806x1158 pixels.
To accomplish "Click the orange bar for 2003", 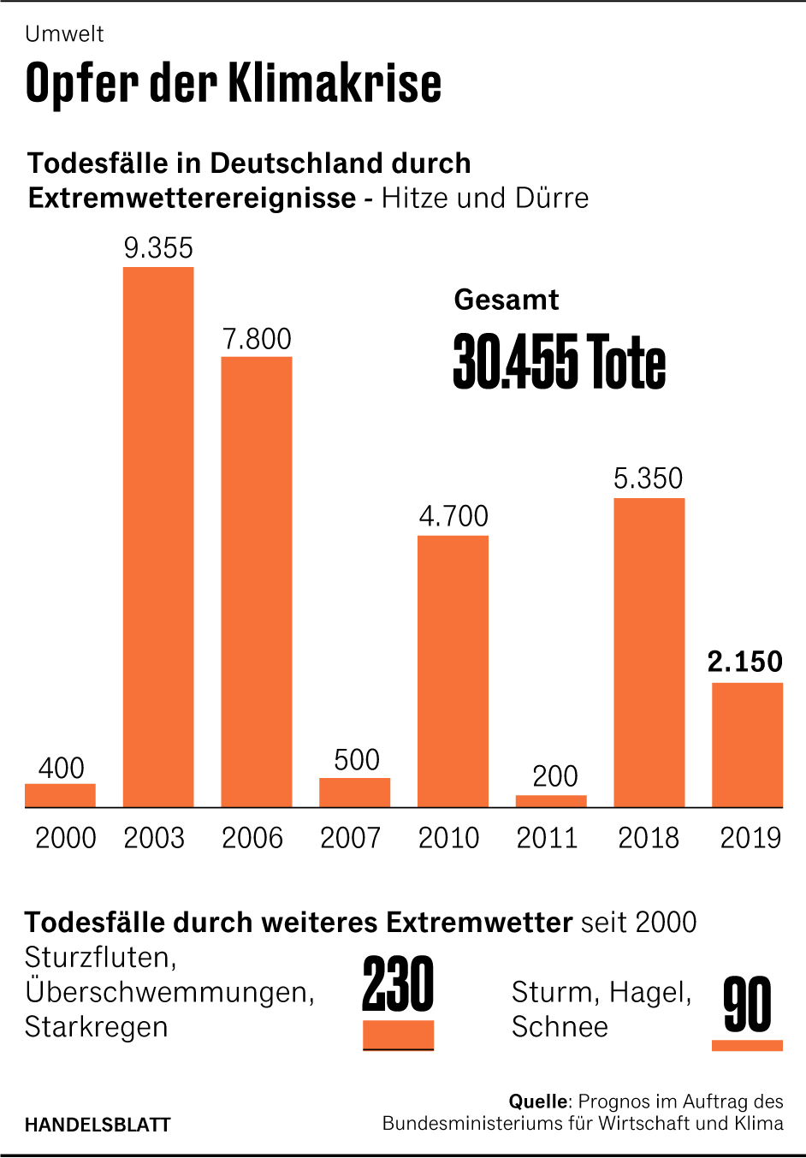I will click(x=158, y=537).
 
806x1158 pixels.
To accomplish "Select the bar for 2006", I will click(x=257, y=582).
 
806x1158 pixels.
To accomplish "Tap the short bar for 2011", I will click(x=551, y=801).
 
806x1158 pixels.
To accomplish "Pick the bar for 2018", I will click(x=649, y=652).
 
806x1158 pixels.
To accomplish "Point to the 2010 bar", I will click(x=453, y=671).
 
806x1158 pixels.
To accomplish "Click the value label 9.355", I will click(x=158, y=248).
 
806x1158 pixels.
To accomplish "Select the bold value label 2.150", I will click(x=744, y=662).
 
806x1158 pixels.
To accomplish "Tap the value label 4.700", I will click(x=453, y=516).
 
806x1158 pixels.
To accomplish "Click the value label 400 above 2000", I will click(x=61, y=768).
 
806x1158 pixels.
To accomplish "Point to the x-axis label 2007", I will click(x=350, y=838).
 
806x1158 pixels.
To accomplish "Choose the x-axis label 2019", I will click(x=750, y=838).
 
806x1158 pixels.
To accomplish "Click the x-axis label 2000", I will click(x=65, y=838).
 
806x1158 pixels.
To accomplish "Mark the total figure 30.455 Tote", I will click(x=559, y=362).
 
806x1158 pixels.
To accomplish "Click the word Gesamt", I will click(x=506, y=300).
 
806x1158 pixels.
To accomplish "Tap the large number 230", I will click(x=398, y=985).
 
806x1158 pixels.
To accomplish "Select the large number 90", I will click(x=747, y=1006).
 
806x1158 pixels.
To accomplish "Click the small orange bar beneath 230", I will click(x=398, y=1035).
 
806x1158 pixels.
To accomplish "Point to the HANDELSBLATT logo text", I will click(x=98, y=1125).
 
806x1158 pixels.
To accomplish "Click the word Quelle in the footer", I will click(x=537, y=1102).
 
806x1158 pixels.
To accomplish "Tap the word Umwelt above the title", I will click(x=64, y=34).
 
